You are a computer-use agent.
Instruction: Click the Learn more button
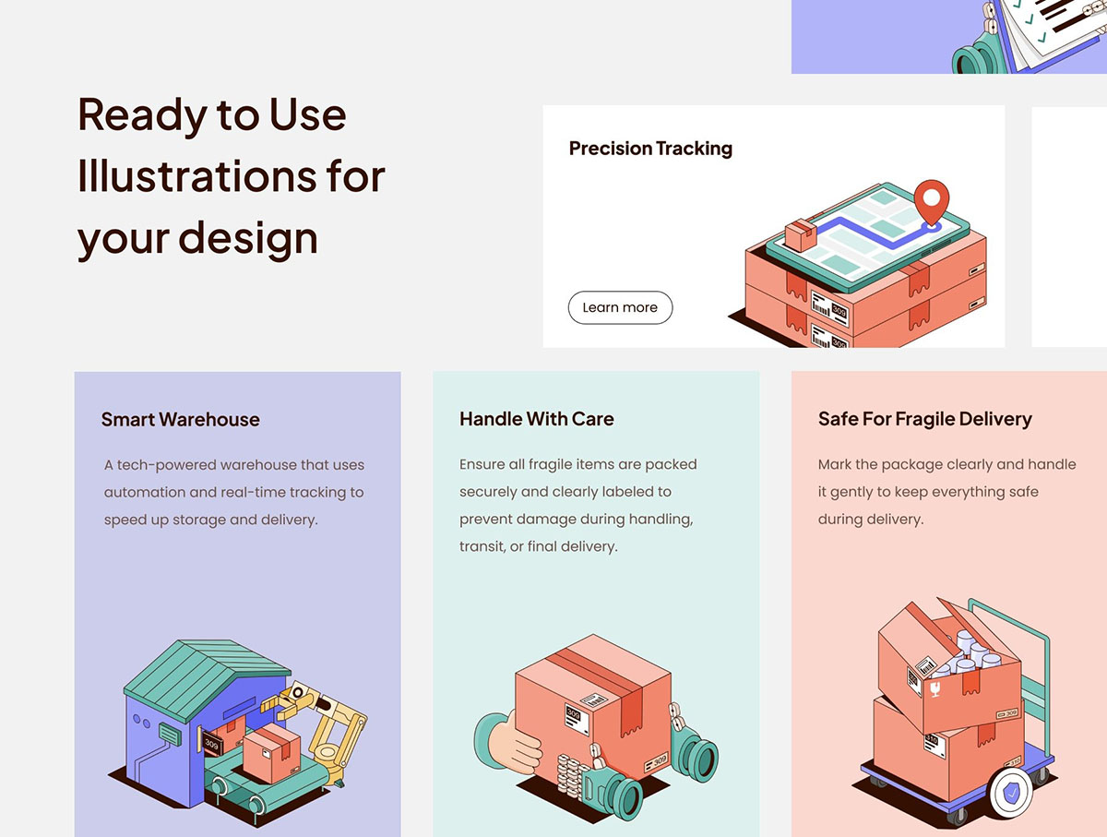tap(620, 307)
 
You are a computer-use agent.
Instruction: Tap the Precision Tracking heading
tap(650, 149)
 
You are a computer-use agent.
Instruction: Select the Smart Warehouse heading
tap(181, 419)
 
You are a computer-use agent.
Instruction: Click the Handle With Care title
tap(537, 419)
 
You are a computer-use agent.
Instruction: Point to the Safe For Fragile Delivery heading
tap(925, 419)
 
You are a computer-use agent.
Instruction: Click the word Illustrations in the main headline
tap(196, 176)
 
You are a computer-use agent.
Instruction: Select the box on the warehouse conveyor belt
tap(272, 752)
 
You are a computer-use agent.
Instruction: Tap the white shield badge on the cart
tap(1011, 793)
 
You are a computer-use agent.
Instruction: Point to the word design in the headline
tap(248, 238)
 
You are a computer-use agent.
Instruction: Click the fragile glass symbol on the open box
tap(934, 689)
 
